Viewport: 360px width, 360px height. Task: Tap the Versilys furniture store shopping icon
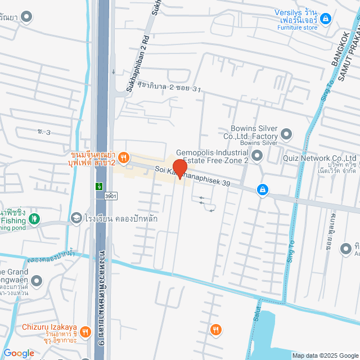tap(326, 18)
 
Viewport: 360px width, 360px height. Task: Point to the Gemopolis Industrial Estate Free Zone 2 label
tap(212, 156)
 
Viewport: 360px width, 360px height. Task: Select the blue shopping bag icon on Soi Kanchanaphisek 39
tap(262, 190)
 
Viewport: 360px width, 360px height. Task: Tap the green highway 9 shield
tap(98, 185)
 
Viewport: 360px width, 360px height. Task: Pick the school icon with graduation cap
tap(76, 218)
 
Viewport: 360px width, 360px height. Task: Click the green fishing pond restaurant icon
tap(34, 218)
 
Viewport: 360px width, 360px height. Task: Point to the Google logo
tap(19, 353)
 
